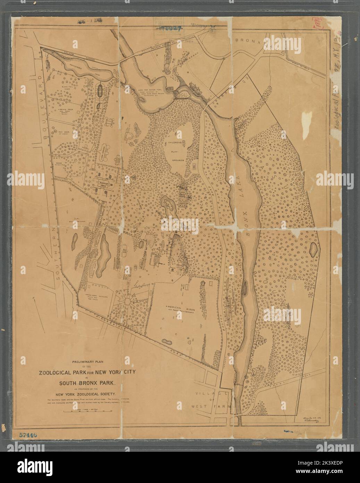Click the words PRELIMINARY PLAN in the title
pos(90,361)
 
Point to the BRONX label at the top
pos(248,40)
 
